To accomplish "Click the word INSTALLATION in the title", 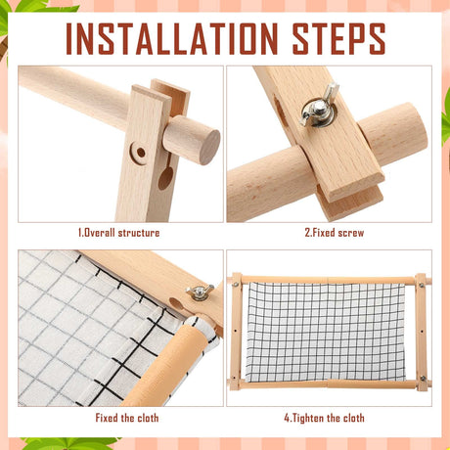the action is (172, 38).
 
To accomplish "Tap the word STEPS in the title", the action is (338, 38).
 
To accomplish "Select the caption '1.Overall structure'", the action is (118, 233).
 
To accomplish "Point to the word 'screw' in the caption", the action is (351, 233).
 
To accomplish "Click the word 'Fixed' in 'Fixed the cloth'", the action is (106, 418).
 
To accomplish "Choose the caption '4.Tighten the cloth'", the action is (324, 418).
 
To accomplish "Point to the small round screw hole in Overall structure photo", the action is (141, 153).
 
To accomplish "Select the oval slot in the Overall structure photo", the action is (165, 178).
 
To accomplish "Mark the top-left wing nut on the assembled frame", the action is (236, 284).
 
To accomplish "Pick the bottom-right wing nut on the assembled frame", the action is (424, 379).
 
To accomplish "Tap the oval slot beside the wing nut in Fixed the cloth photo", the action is (176, 304).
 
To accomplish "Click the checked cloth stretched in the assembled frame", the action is (325, 332).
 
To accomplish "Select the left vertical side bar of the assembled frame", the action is (236, 332).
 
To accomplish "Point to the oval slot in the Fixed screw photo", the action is (279, 111).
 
